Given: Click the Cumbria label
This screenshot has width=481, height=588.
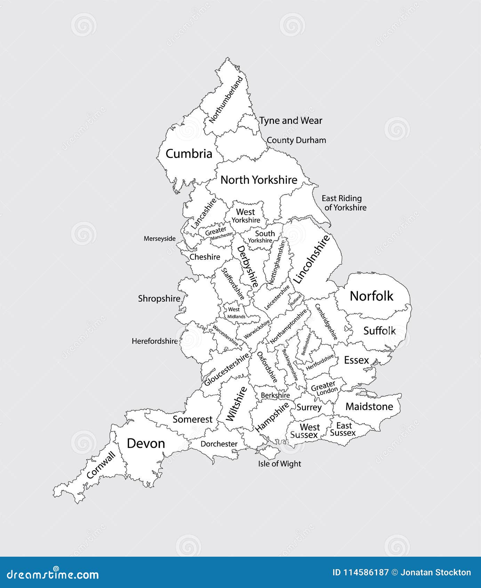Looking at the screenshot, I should (x=189, y=154).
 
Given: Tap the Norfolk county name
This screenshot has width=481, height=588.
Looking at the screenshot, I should (x=371, y=296).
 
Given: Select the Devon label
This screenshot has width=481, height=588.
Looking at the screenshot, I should (x=146, y=443).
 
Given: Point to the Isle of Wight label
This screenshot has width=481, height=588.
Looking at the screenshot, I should (x=279, y=464).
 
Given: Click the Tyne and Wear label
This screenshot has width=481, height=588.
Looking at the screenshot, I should (x=291, y=121).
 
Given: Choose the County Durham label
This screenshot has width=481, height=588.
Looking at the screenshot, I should (x=296, y=140).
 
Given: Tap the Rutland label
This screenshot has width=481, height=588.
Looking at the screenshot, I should (x=296, y=299).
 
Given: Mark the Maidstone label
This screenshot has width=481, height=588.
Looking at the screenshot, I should (x=369, y=406).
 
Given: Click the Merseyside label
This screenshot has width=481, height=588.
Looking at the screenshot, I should (x=160, y=239).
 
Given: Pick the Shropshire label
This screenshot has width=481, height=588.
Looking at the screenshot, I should (x=159, y=299).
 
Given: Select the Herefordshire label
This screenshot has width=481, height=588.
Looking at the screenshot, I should (x=154, y=341).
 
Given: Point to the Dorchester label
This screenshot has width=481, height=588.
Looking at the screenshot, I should (x=219, y=444).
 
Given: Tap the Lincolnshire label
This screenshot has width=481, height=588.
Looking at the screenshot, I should (x=311, y=259).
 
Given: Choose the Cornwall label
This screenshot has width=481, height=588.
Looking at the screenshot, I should (x=101, y=465).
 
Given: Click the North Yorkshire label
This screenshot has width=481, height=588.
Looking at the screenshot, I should (x=259, y=180).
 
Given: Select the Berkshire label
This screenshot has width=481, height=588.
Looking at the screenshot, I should (x=275, y=395).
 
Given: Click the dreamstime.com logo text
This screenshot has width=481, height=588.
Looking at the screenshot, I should (x=53, y=574).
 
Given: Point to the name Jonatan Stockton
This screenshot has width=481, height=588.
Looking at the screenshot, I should (x=436, y=573).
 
